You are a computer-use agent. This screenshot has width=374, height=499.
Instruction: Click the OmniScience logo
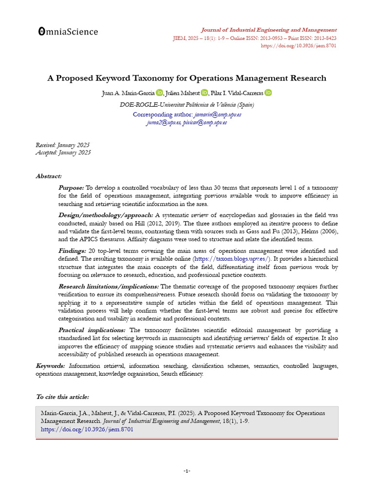tap(68, 32)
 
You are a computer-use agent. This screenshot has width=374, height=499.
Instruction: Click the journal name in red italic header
tap(269, 30)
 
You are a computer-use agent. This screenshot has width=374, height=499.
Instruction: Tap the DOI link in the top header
tap(299, 46)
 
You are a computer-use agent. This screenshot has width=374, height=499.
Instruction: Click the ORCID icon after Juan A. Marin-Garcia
tap(160, 93)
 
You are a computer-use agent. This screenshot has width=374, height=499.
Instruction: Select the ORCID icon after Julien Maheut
tap(204, 93)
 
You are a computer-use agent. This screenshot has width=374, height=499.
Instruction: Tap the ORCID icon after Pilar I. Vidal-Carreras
tap(268, 93)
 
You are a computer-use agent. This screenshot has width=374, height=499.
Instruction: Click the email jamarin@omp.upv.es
tap(218, 115)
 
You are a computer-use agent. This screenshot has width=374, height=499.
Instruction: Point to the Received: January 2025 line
tap(63, 145)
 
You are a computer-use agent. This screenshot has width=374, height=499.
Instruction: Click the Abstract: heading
tap(49, 176)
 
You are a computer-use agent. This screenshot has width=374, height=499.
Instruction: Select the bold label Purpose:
tap(71, 188)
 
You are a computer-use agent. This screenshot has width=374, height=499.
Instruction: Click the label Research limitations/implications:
tap(108, 287)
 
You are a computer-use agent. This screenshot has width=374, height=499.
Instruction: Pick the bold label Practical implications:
tap(92, 330)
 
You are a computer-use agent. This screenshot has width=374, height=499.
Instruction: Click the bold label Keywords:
tap(50, 365)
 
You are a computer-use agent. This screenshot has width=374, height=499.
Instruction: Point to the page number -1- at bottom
tap(187, 471)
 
